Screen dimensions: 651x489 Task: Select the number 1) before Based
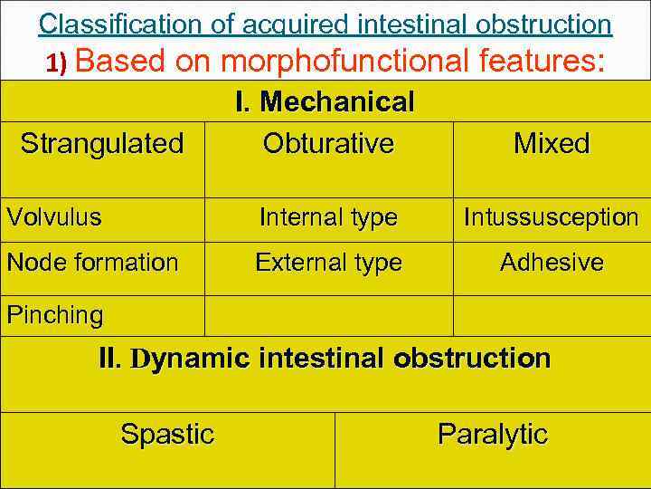tap(63, 62)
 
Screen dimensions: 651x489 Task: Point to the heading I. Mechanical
tap(325, 101)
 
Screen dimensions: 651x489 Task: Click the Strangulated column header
tap(101, 143)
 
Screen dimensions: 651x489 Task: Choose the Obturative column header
tap(328, 143)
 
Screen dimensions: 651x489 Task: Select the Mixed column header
tap(552, 143)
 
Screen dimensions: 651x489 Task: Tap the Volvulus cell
tap(54, 217)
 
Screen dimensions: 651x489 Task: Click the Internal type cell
tap(328, 217)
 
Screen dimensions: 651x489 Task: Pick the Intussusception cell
tap(552, 217)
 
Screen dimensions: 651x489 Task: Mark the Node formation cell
tap(92, 263)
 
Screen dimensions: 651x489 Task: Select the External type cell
tap(328, 263)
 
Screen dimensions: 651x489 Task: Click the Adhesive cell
tap(552, 263)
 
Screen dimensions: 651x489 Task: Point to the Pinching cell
tap(54, 315)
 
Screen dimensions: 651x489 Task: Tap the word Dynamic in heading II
tap(191, 359)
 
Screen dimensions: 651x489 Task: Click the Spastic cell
tap(167, 435)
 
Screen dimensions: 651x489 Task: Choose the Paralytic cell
tap(493, 435)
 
